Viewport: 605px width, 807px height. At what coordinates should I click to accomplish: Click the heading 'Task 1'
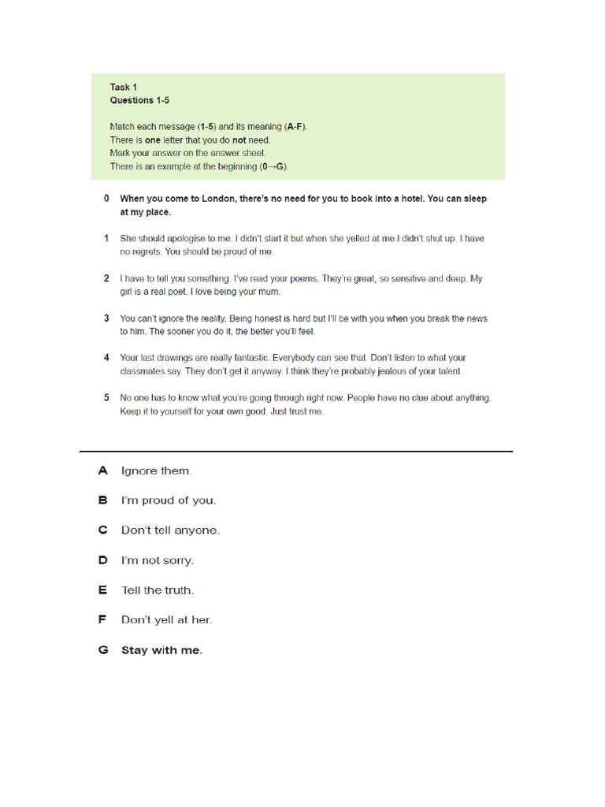[124, 87]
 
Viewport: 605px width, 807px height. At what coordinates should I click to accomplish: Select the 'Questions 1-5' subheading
[139, 100]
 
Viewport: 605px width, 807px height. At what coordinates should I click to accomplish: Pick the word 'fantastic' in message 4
[244, 358]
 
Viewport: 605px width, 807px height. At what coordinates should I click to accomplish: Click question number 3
[106, 318]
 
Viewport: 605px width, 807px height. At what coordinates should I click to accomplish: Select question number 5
[106, 398]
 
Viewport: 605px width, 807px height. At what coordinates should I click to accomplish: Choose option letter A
[102, 470]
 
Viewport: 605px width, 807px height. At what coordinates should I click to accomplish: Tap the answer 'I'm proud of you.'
[168, 500]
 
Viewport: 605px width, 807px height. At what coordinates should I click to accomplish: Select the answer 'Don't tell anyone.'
[170, 530]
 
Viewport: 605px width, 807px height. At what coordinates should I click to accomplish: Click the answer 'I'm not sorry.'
[157, 560]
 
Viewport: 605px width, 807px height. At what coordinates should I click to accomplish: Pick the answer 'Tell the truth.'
[157, 590]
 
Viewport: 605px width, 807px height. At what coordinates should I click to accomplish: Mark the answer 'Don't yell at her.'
[166, 620]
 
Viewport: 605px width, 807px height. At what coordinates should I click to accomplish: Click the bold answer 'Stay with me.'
[161, 650]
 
